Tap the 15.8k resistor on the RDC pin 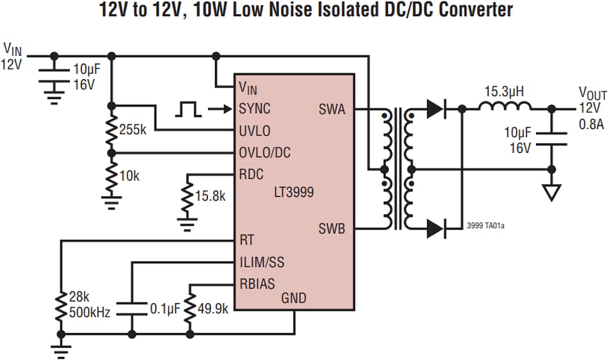pos(187,197)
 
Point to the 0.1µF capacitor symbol pos(131,308)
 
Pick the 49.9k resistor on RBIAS pos(189,308)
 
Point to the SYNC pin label pos(254,109)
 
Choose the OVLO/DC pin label pos(265,152)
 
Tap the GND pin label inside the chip pos(293,298)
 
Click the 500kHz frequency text pos(90,309)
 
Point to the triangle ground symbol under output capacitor pos(552,193)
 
